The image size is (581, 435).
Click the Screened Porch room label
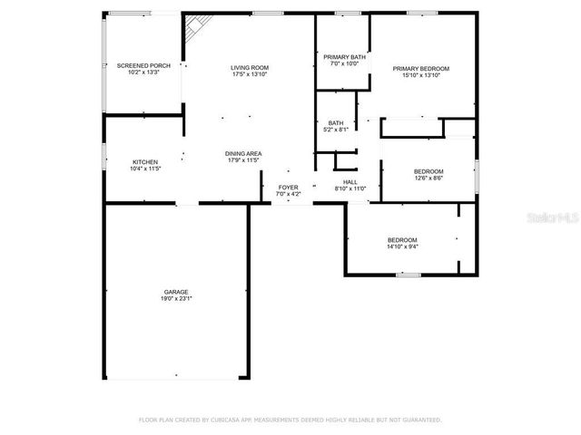pyautogui.click(x=143, y=66)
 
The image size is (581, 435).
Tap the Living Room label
pyautogui.click(x=249, y=67)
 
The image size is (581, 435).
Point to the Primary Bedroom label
pyautogui.click(x=420, y=68)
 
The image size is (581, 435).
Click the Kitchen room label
pyautogui.click(x=145, y=162)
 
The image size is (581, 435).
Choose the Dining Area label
pyautogui.click(x=243, y=154)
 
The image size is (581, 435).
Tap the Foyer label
pyautogui.click(x=287, y=188)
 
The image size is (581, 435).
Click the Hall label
pyautogui.click(x=350, y=182)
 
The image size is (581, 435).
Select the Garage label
pyautogui.click(x=176, y=292)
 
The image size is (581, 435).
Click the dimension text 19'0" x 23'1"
pyautogui.click(x=176, y=298)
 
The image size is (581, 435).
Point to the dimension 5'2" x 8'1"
pyautogui.click(x=336, y=130)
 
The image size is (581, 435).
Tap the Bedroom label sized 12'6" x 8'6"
pyautogui.click(x=428, y=171)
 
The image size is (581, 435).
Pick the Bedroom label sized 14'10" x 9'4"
pyautogui.click(x=402, y=239)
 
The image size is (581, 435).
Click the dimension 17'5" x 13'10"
pyautogui.click(x=249, y=74)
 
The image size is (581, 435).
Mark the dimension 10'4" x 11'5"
pyautogui.click(x=145, y=169)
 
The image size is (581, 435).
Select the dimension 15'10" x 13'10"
pyautogui.click(x=420, y=75)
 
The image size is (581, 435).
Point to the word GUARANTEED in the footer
pyautogui.click(x=420, y=420)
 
